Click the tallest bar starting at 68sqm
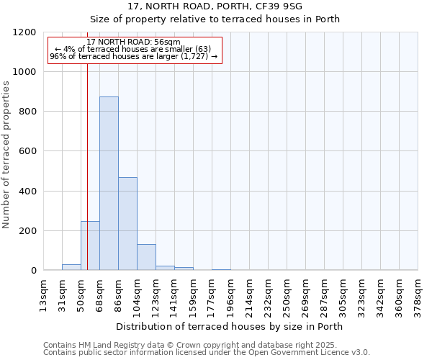pos(109,184)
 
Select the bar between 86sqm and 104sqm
pos(127,224)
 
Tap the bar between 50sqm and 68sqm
pos(90,246)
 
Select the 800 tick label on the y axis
pos(26,112)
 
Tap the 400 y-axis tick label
pos(26,192)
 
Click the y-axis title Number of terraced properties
pos(6,155)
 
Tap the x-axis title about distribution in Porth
pos(229,326)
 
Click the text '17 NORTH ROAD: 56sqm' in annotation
pos(133,42)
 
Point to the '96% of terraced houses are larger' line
pos(133,56)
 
